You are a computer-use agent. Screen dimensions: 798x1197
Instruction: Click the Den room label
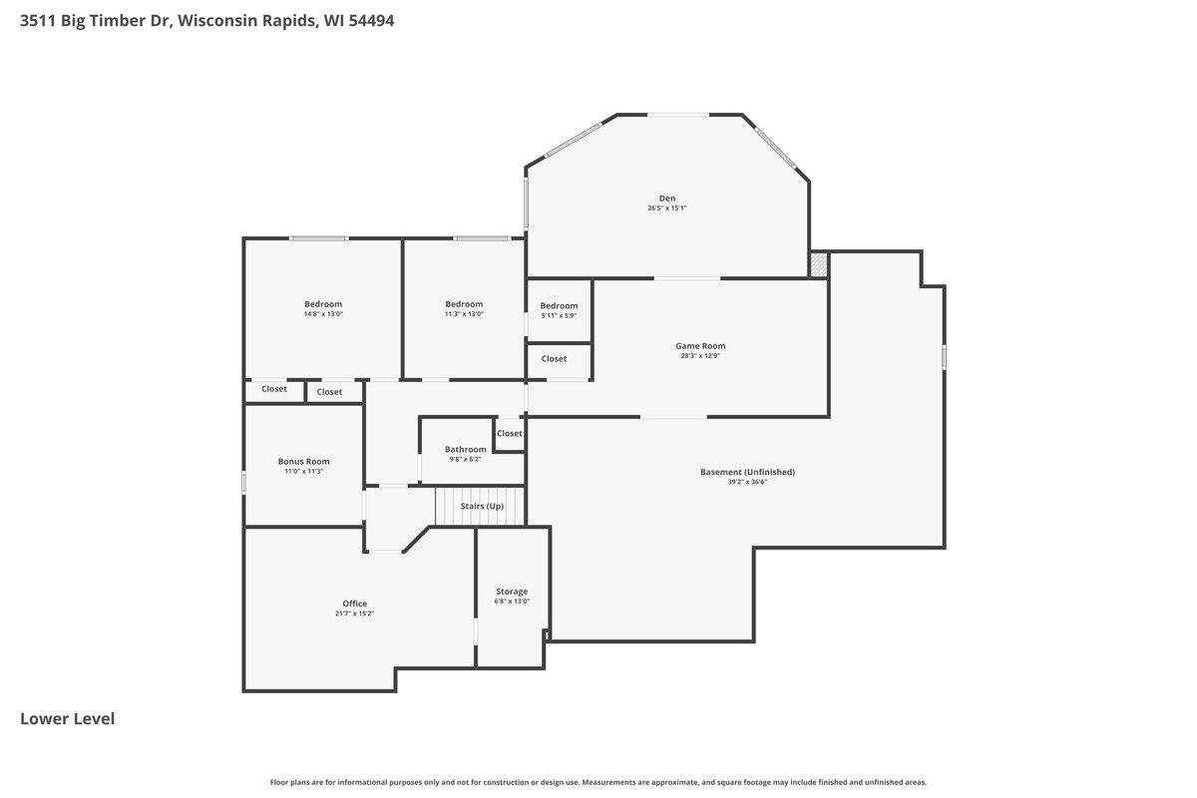[667, 199]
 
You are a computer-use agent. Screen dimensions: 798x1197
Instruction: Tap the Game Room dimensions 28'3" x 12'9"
[700, 356]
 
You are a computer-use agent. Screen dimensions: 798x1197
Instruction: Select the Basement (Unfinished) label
[747, 472]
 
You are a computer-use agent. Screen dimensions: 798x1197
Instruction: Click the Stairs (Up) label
[482, 506]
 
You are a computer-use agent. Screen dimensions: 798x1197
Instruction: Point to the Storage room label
[512, 592]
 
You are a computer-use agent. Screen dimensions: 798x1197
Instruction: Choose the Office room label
[354, 603]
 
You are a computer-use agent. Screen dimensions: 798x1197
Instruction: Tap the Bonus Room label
[303, 461]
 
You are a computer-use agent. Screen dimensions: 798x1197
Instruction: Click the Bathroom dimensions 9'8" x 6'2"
[465, 460]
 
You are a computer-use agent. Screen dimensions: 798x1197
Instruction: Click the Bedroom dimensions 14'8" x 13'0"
[323, 314]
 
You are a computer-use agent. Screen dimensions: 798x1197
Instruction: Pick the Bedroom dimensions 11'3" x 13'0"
[464, 314]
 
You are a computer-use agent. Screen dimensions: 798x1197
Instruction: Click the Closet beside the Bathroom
[509, 433]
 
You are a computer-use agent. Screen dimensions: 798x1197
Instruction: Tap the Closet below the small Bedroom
[554, 358]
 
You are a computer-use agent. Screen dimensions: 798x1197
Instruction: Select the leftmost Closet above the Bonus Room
[274, 389]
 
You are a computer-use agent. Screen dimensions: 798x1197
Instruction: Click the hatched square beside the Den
[819, 264]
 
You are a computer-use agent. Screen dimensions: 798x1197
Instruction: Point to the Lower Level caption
[67, 718]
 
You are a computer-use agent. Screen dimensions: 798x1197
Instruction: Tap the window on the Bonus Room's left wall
[244, 482]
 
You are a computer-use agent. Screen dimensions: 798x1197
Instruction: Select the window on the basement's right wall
[944, 356]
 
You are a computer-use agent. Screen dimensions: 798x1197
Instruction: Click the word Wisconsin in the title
[211, 20]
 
